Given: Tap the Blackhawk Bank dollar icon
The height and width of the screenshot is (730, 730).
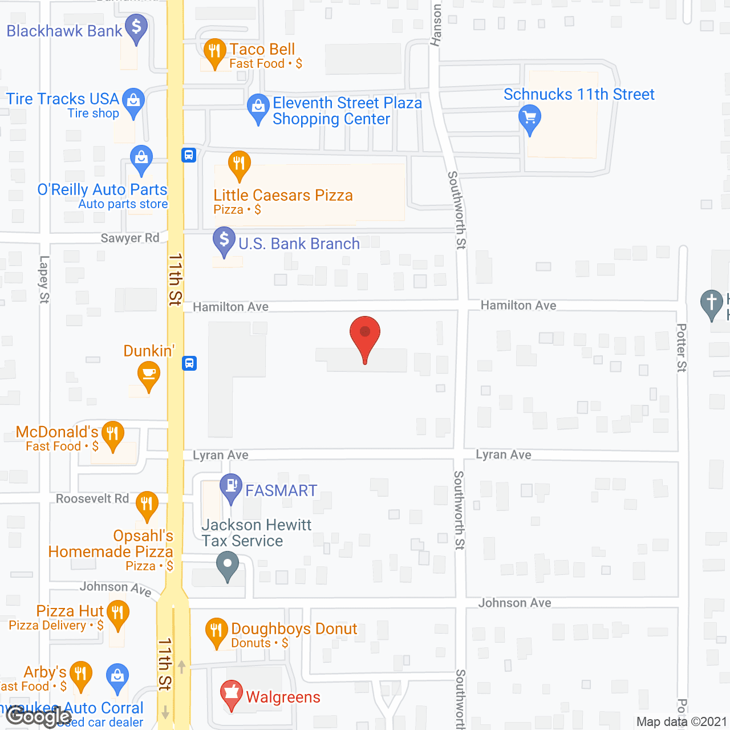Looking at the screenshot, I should point(136,27).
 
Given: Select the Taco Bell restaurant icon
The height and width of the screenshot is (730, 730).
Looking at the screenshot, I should point(214,52).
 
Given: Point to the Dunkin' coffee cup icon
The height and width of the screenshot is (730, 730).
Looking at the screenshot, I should point(149,375).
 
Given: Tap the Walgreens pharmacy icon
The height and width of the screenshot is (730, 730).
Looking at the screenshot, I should point(232,694).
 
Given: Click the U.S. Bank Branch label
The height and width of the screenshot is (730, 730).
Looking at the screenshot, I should point(299,244).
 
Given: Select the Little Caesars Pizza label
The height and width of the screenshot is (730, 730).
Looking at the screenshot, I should point(283,196).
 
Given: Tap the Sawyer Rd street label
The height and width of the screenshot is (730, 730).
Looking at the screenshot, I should point(130,238).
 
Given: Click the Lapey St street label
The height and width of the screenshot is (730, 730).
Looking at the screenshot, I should point(44,279).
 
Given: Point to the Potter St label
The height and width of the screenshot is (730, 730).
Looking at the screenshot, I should point(682,348).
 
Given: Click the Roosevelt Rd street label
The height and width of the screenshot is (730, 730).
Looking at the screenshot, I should point(92,499).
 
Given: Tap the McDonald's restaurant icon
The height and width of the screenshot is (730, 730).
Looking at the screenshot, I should point(113,435).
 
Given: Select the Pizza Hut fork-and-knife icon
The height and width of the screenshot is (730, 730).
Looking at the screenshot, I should point(118,614).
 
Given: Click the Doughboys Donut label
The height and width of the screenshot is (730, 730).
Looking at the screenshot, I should point(294,629).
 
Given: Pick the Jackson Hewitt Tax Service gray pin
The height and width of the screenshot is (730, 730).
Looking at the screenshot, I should point(228,566).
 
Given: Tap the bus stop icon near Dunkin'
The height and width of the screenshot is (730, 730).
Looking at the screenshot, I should point(189,363).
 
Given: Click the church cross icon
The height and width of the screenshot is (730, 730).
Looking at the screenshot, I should point(711,303).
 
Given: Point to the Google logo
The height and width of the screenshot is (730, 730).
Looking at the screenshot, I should point(39,717).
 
